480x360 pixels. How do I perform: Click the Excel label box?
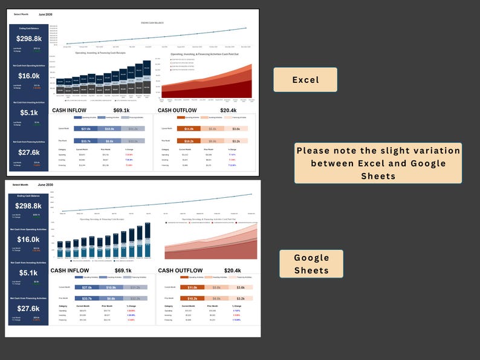click(305, 79)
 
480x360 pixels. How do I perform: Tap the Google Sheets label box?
click(311, 264)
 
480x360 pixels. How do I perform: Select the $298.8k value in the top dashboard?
click(29, 38)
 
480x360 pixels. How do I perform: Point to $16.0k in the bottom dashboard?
click(28, 240)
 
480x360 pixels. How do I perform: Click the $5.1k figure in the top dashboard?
click(29, 113)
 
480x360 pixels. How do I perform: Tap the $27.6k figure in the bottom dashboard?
click(28, 309)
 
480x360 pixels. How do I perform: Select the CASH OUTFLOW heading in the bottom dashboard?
click(180, 270)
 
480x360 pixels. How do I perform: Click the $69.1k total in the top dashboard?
click(122, 111)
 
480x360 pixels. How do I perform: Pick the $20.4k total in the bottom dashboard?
click(232, 270)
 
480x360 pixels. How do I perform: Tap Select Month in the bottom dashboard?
click(21, 185)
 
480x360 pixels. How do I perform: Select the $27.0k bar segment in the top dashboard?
click(86, 129)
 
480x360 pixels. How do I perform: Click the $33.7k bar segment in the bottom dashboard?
click(86, 298)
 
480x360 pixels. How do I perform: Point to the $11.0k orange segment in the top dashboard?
click(189, 129)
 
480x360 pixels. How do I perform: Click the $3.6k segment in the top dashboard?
click(236, 129)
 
